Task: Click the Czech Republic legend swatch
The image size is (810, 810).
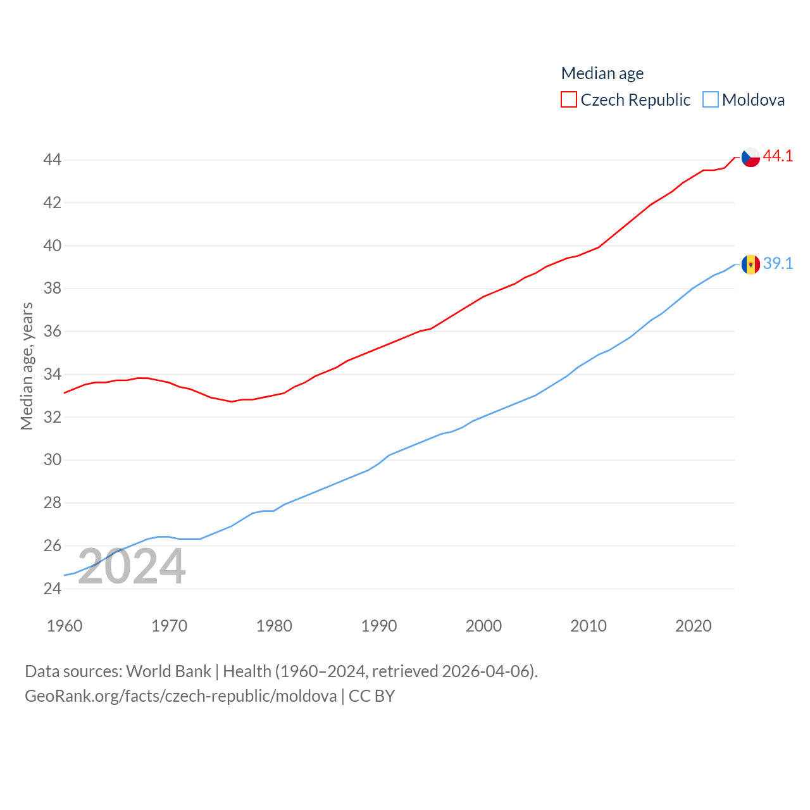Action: tap(569, 100)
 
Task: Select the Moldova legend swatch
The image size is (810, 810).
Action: tap(711, 100)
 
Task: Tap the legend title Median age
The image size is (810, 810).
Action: tap(602, 73)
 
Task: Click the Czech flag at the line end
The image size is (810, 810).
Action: tap(751, 157)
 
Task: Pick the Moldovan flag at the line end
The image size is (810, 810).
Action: tap(751, 265)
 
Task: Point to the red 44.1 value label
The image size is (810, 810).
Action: tap(778, 156)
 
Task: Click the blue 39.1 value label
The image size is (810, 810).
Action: tap(778, 263)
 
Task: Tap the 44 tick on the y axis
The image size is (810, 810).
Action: tap(53, 159)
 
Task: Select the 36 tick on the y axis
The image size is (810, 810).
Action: tap(53, 331)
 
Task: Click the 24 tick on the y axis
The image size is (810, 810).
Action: tap(53, 589)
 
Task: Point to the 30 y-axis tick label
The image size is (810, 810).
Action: tap(53, 460)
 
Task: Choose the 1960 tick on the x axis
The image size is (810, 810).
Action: tap(65, 626)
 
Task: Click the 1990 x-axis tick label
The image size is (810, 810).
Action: tap(379, 626)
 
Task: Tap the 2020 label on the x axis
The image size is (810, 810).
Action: tap(694, 626)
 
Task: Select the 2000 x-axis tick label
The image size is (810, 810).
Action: tap(483, 626)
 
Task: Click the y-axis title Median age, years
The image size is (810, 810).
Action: tap(27, 366)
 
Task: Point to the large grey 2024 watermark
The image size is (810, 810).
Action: tap(132, 567)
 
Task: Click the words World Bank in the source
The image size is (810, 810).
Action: tap(168, 671)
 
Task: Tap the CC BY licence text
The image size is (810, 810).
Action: tap(372, 696)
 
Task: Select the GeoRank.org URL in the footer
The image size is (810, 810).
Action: tap(181, 696)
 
